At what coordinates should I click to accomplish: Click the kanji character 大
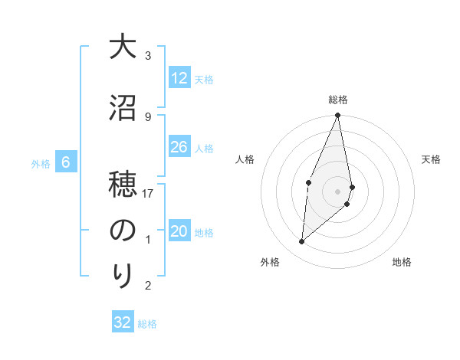point(122,47)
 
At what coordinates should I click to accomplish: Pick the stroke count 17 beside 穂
point(148,194)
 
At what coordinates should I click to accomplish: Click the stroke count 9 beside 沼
point(148,116)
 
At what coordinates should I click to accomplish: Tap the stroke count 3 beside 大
point(148,56)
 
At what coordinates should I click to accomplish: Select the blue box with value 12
point(179,78)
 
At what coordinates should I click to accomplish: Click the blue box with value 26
point(179,147)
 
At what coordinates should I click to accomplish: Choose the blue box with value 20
point(179,232)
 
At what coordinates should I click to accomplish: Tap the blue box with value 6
point(66,162)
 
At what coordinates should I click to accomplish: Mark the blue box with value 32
point(123,322)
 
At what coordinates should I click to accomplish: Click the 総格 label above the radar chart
point(338,100)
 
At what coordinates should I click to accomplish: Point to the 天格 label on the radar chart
point(431,159)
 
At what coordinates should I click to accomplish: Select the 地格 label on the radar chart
point(402,262)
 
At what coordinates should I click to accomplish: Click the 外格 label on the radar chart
point(270,262)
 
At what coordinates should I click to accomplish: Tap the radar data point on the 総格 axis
point(338,116)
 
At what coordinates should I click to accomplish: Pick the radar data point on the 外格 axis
point(302,241)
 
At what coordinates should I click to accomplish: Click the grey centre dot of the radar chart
point(338,191)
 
